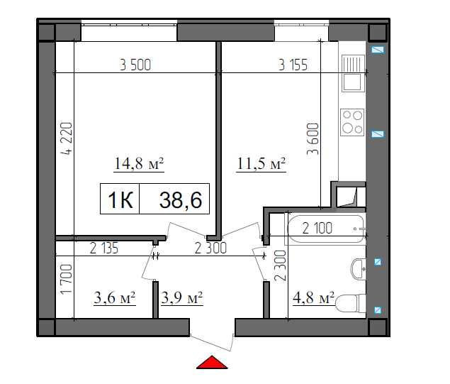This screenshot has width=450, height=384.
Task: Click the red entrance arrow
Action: [x=212, y=363]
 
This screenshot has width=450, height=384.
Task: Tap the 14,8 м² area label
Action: [x=139, y=163]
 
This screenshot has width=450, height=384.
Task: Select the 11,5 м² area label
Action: [x=261, y=163]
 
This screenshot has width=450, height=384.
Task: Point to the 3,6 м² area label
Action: [x=115, y=297]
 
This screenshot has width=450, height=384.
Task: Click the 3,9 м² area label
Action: [x=182, y=297]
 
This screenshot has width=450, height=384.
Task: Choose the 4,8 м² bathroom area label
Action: [x=313, y=297]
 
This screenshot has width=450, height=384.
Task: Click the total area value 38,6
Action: [x=181, y=200]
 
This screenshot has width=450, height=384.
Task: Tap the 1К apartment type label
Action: [x=120, y=200]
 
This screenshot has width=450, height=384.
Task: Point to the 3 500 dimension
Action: [x=135, y=65]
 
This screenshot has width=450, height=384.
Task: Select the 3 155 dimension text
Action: [x=293, y=65]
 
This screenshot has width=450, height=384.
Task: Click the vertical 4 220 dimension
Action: [x=67, y=138]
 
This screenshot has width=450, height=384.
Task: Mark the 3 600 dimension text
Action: [x=313, y=139]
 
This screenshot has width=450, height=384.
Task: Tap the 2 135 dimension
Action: [x=104, y=248]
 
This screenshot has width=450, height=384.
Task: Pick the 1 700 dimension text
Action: [x=67, y=279]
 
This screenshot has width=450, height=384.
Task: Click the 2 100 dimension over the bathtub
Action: [x=317, y=229]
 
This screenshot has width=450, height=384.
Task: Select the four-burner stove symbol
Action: [x=352, y=122]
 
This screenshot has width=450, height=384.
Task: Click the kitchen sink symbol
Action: [x=353, y=74]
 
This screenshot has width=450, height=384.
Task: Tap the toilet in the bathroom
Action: [x=350, y=304]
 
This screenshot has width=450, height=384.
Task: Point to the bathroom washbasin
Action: [x=358, y=269]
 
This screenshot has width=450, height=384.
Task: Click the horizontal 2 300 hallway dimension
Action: [x=210, y=248]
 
